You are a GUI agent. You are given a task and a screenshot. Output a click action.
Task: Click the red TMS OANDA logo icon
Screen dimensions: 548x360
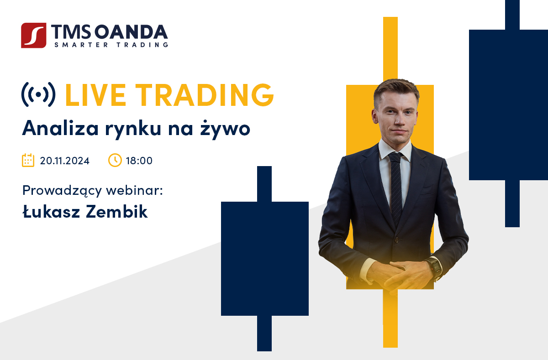coord(33,36)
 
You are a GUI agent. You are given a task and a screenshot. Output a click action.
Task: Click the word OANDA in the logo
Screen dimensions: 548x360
coord(131,32)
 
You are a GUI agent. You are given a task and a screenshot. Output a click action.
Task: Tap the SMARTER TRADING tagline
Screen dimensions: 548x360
coord(111,45)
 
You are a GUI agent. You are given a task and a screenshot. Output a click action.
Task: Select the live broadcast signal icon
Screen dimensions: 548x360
coord(38,94)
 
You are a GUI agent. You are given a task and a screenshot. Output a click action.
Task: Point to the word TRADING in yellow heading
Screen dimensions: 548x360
coord(205,95)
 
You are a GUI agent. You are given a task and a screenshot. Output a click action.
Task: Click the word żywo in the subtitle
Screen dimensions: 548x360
coord(225,128)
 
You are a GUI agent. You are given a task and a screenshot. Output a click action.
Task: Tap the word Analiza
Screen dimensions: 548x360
coord(60,128)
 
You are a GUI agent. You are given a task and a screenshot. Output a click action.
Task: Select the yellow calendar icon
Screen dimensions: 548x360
coord(28,160)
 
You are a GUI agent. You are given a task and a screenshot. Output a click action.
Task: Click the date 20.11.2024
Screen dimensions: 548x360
coord(64,161)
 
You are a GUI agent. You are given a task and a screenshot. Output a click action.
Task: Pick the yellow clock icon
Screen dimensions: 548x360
coord(115,160)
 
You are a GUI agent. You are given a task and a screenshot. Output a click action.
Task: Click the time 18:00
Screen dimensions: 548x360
coord(139,161)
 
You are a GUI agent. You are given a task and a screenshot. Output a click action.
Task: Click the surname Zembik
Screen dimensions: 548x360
coord(117,212)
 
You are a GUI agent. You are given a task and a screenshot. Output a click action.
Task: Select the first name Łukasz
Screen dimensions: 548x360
coord(51,212)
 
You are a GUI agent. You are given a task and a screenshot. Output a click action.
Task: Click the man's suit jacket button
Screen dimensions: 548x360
coord(397,240)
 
